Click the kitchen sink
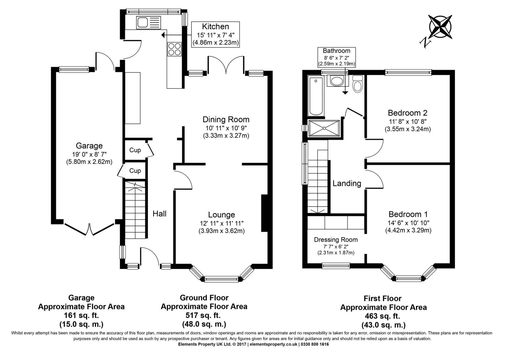[148, 23]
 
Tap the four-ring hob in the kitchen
[174, 49]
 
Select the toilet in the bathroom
[358, 84]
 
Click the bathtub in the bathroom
[316, 96]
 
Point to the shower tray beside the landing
[324, 128]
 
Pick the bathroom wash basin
[336, 81]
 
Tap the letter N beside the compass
[425, 43]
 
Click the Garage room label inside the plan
[89, 146]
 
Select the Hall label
[159, 214]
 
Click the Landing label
[347, 184]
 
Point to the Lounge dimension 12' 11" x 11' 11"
[222, 223]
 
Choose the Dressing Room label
[336, 240]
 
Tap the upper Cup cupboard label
[135, 150]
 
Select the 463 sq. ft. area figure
[383, 316]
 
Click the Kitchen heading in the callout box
[215, 27]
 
